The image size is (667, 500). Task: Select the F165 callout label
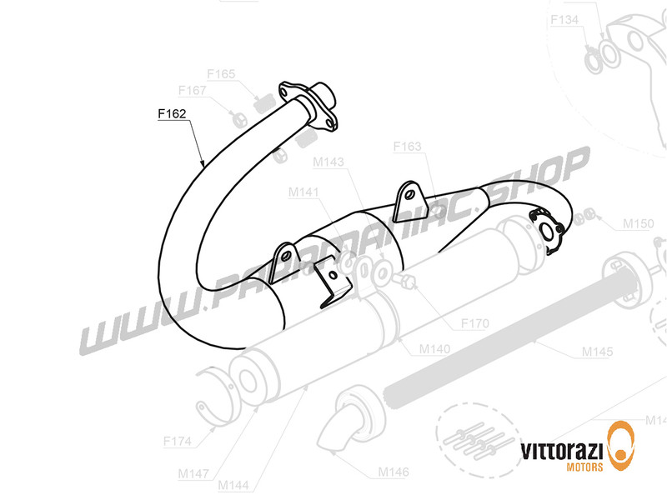(222, 74)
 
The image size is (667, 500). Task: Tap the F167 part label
(193, 90)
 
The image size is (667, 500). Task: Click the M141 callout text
(303, 192)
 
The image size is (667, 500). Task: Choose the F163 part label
(408, 147)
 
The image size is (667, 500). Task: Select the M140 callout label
(433, 349)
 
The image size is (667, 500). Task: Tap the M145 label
(599, 352)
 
